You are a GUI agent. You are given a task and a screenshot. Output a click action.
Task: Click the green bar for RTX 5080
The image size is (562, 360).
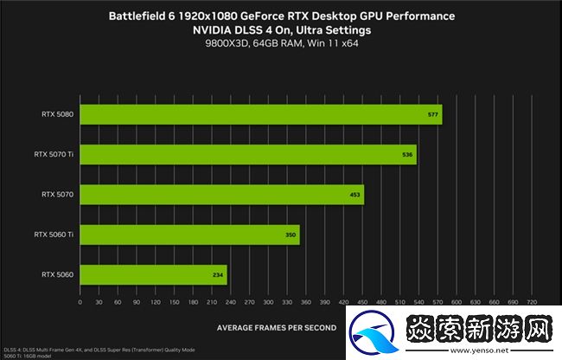[259, 115]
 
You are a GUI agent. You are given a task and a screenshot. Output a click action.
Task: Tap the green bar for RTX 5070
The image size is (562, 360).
[221, 196]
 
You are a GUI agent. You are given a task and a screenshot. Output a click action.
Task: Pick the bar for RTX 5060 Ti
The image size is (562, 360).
[189, 235]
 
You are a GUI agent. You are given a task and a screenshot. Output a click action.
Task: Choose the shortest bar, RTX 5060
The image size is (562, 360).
[153, 275]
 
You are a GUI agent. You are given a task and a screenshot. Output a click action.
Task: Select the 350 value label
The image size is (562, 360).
[291, 235]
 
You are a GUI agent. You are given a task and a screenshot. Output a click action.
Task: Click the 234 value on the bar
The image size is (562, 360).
[218, 275]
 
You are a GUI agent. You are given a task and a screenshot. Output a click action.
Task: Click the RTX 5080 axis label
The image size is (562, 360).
[56, 115]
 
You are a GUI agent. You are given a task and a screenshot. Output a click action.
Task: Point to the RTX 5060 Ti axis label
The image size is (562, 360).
[54, 235]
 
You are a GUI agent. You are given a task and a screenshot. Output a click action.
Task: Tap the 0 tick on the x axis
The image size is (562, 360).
[80, 303]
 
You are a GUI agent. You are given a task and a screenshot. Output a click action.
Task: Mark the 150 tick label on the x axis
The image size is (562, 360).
[173, 303]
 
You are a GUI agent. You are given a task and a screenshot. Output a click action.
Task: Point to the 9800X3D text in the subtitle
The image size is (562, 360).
[223, 43]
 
